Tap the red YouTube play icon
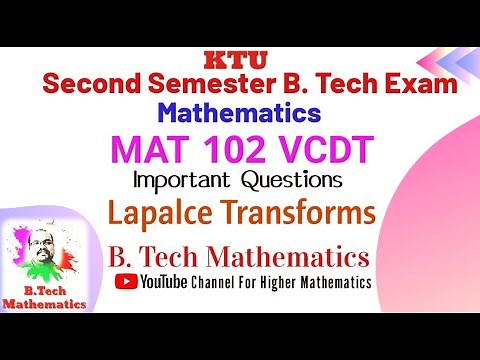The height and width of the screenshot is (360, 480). point(127,282)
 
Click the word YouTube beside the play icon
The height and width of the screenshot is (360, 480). point(165,282)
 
